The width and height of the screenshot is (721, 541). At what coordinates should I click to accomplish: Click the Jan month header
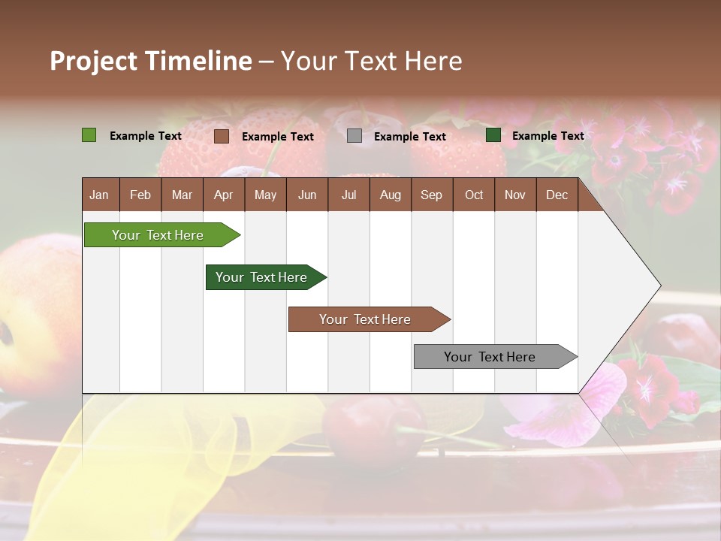coord(99,195)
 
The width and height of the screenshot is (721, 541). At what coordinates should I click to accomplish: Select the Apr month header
coord(223,195)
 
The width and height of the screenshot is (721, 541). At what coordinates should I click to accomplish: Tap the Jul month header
coord(348,195)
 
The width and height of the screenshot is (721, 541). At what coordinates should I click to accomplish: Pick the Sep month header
coord(431,195)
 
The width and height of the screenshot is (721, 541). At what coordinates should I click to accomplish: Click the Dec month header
coord(557,195)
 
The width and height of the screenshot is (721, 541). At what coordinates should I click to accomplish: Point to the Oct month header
coord(474,195)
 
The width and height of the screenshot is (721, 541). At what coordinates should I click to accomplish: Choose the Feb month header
coord(140,195)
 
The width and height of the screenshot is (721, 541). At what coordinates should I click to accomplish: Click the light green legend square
coord(89,135)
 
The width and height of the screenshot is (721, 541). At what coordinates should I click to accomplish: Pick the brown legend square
coord(221,136)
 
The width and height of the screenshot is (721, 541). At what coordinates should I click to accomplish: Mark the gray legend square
coord(354,136)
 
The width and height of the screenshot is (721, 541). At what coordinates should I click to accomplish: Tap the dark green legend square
coord(493,135)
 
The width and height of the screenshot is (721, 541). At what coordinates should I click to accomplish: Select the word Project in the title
coord(94,61)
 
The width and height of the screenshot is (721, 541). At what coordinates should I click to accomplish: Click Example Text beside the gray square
coord(409,137)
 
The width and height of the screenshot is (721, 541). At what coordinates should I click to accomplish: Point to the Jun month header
coord(306,195)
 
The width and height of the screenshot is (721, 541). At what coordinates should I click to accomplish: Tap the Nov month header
coord(514,195)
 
